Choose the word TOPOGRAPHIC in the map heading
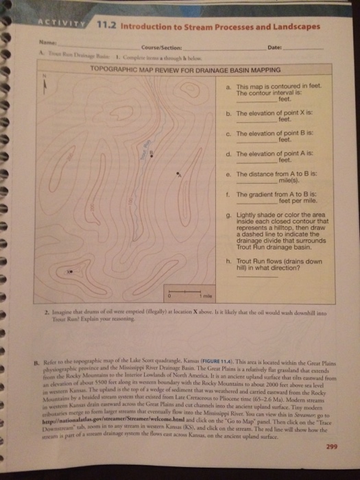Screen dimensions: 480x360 112,69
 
